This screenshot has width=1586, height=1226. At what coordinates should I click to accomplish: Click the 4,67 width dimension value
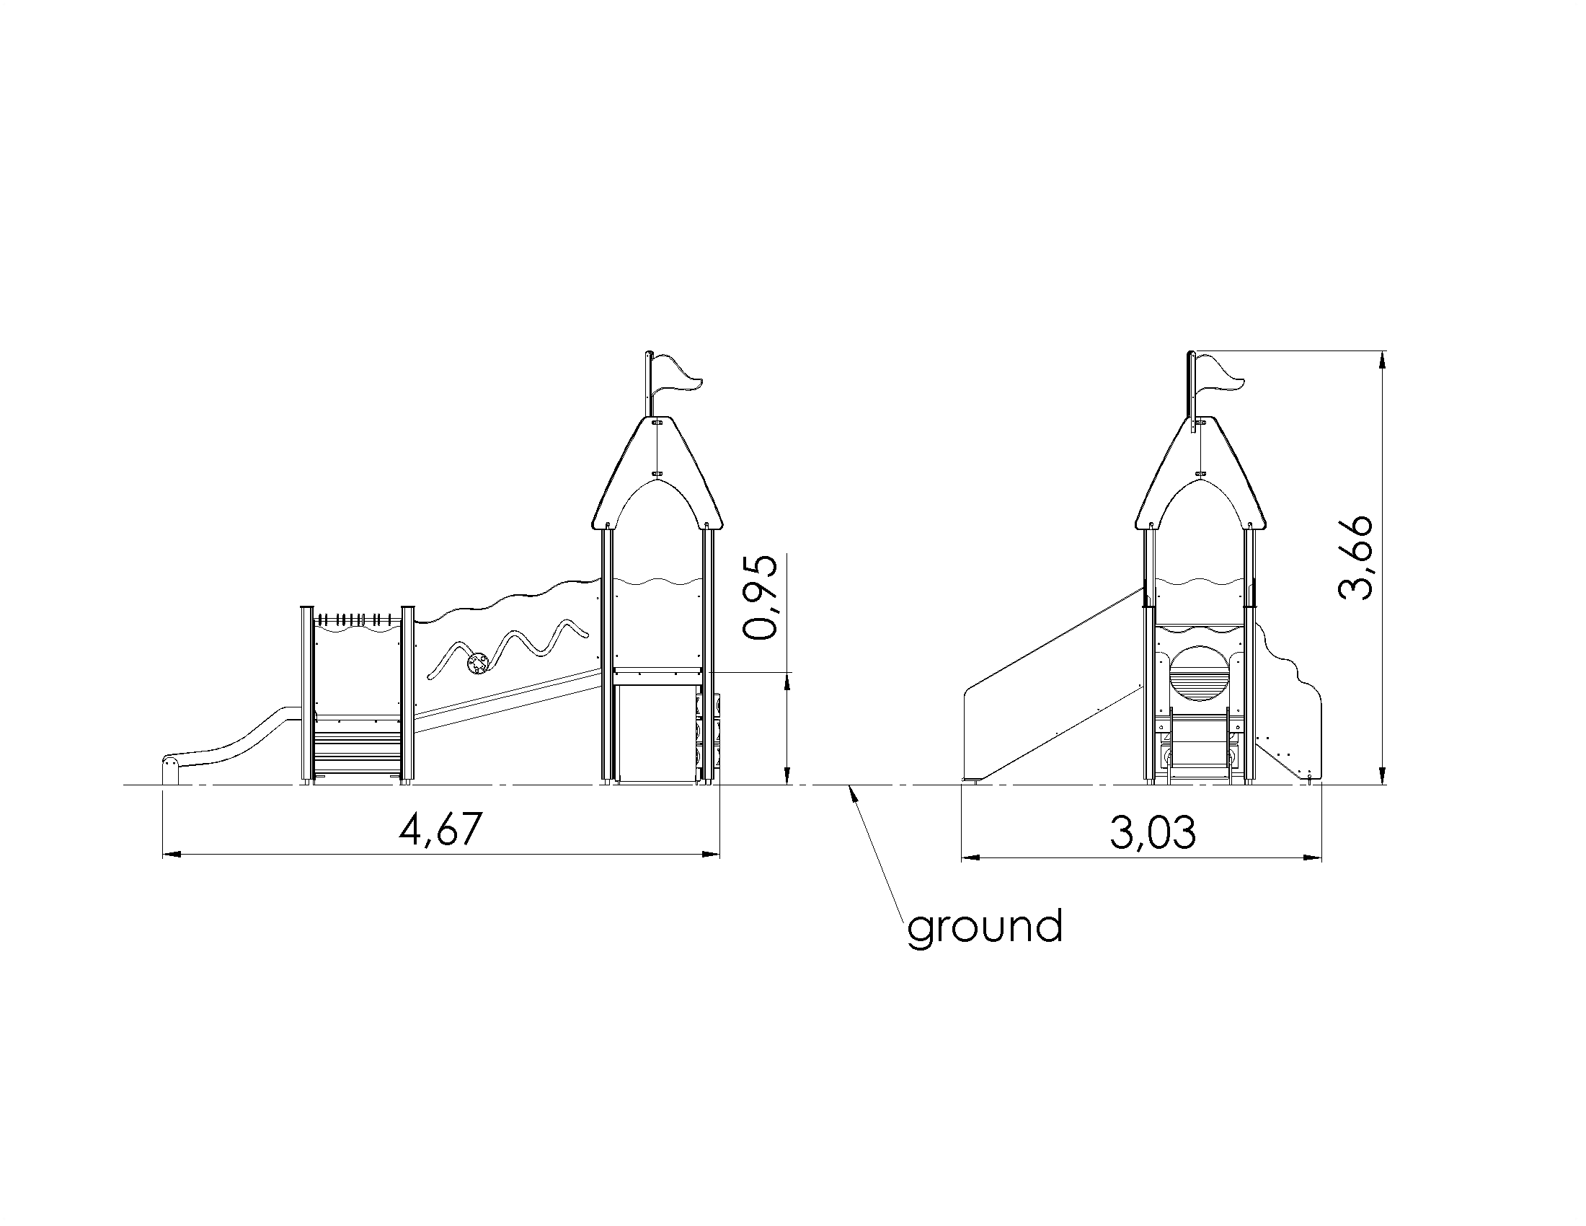[440, 829]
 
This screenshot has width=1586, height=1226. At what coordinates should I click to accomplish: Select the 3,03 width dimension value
[1153, 832]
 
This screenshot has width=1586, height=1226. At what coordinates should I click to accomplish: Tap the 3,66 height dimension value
[1355, 557]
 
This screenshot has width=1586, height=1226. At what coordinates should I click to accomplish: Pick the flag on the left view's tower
[678, 374]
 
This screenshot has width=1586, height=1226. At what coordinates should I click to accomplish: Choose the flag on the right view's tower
[1220, 374]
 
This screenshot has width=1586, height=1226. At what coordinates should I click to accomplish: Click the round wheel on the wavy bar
[478, 663]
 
